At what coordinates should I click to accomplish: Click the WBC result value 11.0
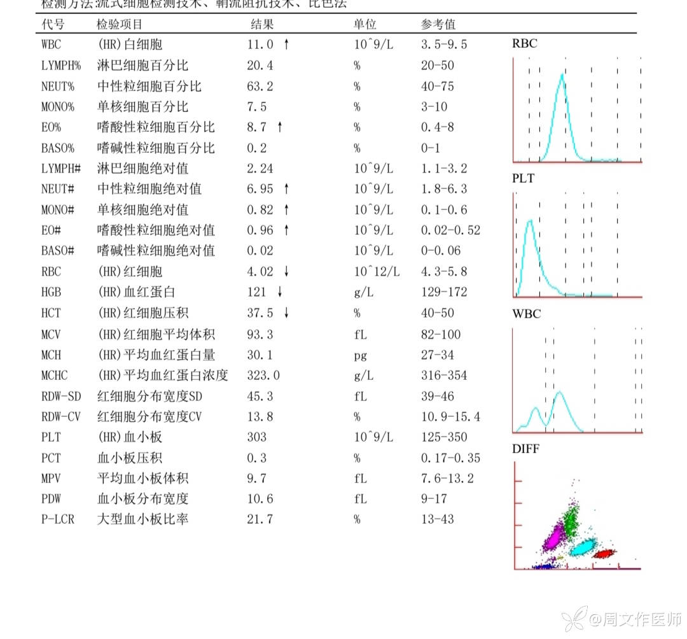tap(260, 45)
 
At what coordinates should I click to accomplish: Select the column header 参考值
tap(438, 24)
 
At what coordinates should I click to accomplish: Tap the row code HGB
tap(52, 292)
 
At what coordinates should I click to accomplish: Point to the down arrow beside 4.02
tap(287, 272)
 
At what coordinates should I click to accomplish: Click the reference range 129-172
tap(444, 292)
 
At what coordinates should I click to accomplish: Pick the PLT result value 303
tap(257, 437)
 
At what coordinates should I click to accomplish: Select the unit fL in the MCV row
tap(360, 334)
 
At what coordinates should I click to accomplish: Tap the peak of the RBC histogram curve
tap(562, 75)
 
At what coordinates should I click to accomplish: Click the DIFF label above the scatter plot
tap(525, 449)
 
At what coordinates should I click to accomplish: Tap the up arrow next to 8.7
tap(279, 127)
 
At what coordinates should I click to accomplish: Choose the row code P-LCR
tap(58, 519)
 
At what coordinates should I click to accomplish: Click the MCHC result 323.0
tap(263, 376)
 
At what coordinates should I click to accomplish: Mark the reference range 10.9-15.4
tap(450, 417)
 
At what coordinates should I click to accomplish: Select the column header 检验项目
tap(120, 24)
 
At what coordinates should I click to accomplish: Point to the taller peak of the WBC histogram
tap(560, 393)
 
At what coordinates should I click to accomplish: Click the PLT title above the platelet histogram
tap(523, 179)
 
